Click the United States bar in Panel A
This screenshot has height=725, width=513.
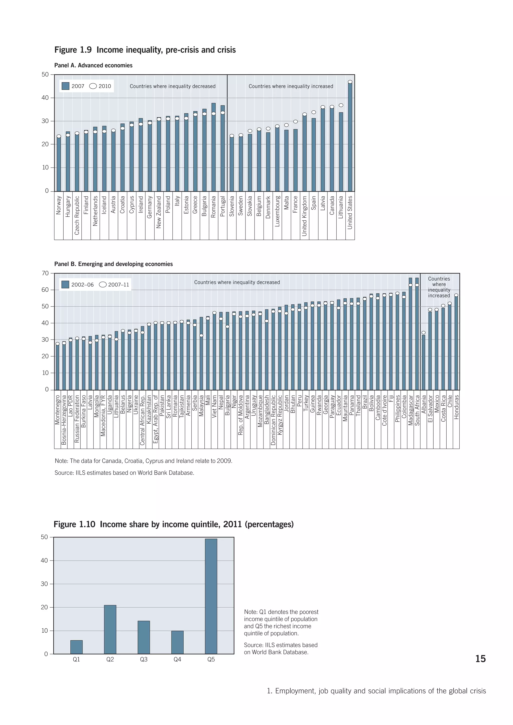pyautogui.click(x=350, y=137)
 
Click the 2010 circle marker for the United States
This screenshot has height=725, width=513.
pyautogui.click(x=350, y=82)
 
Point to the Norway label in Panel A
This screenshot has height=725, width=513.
pyautogui.click(x=59, y=205)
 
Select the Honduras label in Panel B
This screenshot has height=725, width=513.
pyautogui.click(x=456, y=407)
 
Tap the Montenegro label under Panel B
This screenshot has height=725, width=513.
pyautogui.click(x=58, y=410)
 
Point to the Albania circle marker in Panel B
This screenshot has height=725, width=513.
pyautogui.click(x=424, y=333)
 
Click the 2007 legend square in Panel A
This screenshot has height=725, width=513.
pyautogui.click(x=65, y=86)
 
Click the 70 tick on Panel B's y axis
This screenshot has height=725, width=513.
pyautogui.click(x=46, y=273)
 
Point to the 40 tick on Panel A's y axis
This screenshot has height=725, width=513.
pyautogui.click(x=46, y=98)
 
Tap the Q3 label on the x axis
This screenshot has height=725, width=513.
pyautogui.click(x=144, y=659)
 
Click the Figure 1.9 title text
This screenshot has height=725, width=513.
pyautogui.click(x=145, y=50)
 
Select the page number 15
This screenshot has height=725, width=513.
pyautogui.click(x=480, y=659)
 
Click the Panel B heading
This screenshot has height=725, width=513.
pyautogui.click(x=113, y=264)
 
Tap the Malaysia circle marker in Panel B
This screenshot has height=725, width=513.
pyautogui.click(x=201, y=336)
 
